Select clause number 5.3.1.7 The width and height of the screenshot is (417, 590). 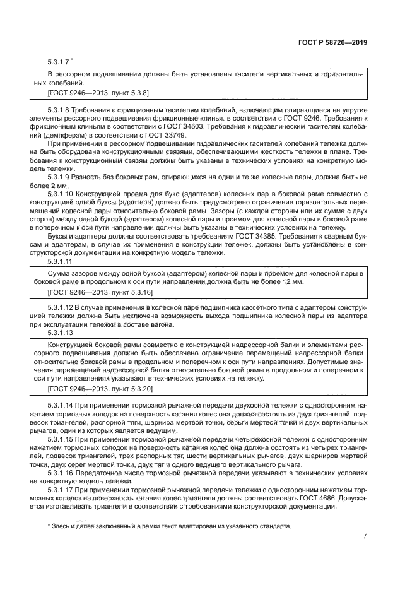coord(58,62)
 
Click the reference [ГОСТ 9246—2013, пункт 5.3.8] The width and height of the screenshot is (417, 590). coord(98,93)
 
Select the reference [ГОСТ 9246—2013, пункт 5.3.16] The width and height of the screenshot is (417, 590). coord(100,293)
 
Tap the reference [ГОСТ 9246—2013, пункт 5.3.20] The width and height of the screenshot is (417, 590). coord(100,389)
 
